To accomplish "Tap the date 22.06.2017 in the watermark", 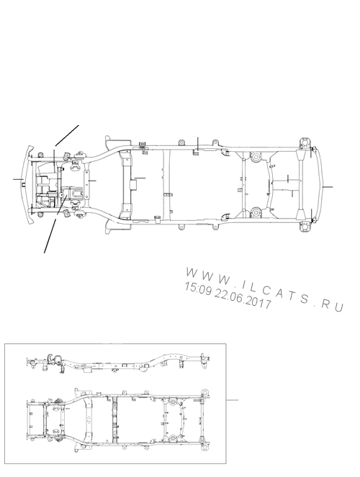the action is (243, 299).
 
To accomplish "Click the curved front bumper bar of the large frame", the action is (28, 185).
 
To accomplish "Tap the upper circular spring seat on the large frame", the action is (256, 158).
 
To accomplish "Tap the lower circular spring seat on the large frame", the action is (256, 212).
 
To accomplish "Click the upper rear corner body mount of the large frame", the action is (305, 143).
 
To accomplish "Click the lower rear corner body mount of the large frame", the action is (305, 227).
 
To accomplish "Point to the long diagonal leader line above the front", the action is (67, 135).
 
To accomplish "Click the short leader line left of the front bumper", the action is (19, 179).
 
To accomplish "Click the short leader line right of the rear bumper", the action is (327, 187).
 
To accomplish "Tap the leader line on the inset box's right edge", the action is (232, 400).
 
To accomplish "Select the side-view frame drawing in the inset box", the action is (119, 363).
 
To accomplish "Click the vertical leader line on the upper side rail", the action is (198, 144).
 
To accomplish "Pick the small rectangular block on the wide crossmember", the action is (132, 185).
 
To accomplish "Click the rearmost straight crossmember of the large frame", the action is (300, 185).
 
